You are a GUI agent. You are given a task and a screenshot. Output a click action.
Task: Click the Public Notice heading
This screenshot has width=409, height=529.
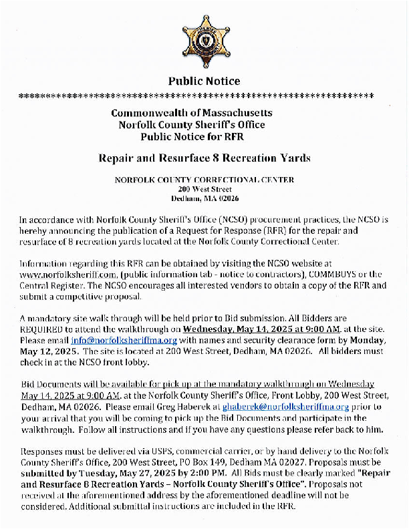(x=204, y=81)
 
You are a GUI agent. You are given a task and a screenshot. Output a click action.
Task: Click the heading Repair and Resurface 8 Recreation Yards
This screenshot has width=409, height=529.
(x=204, y=158)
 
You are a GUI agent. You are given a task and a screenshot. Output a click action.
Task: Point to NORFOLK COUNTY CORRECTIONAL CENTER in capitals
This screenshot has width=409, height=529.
(x=204, y=180)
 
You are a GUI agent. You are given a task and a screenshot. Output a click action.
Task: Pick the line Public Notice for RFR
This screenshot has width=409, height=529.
(x=192, y=136)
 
